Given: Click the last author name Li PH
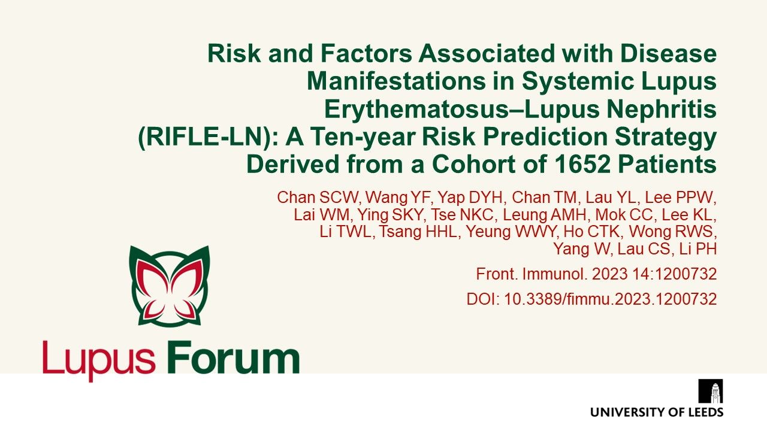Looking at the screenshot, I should [x=700, y=249].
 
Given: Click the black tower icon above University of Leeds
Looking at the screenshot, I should [x=711, y=391].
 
